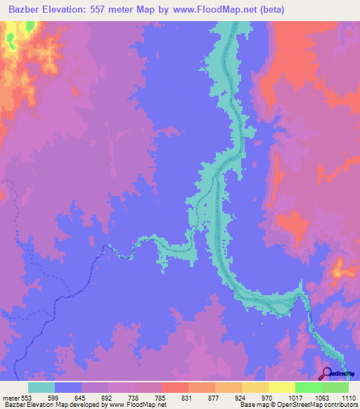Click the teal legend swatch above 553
pos(41,387)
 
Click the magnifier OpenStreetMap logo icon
pos(326,374)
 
